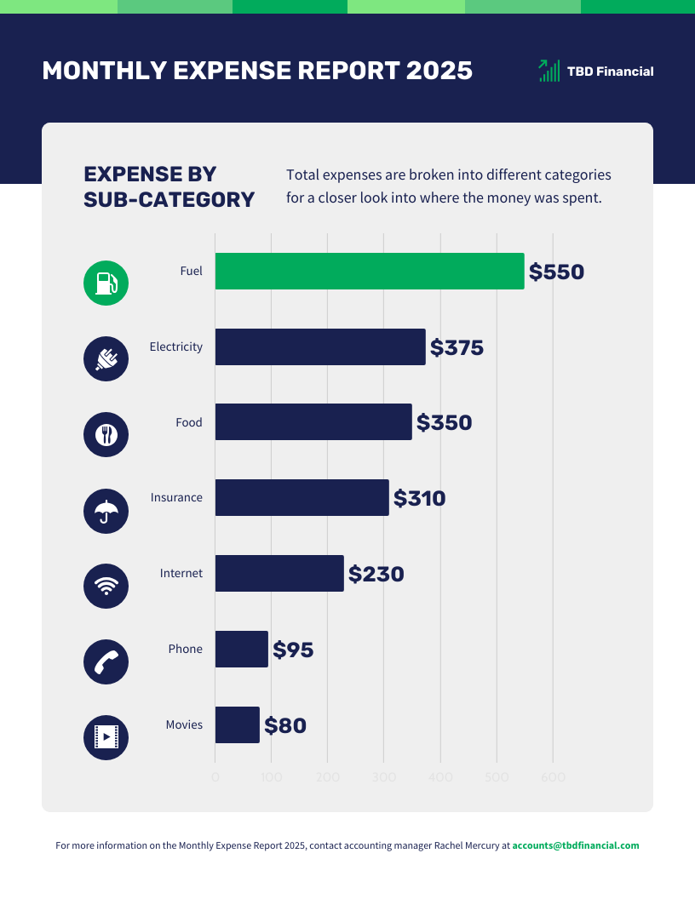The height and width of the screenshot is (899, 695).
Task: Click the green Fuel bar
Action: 369,271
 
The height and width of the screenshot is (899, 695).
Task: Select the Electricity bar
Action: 319,346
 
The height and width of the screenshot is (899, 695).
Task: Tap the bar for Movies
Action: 237,724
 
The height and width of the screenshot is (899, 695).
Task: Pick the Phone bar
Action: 241,649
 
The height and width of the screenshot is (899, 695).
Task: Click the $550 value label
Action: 556,272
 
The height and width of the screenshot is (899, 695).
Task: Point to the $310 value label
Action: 419,498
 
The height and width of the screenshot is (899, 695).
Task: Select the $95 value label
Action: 293,650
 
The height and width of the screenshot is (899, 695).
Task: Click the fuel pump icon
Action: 106,283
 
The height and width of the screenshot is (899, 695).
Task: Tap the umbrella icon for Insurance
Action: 106,511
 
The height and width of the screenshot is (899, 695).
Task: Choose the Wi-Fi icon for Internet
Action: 106,586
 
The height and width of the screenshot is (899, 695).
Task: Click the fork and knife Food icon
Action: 106,434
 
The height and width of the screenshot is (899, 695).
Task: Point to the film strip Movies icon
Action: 106,736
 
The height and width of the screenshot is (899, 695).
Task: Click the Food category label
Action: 189,422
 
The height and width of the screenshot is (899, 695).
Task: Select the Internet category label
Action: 181,573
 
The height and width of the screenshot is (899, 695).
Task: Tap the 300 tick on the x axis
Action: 383,777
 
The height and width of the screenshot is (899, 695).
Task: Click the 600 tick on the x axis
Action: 553,777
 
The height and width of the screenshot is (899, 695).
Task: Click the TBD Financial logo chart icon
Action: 549,71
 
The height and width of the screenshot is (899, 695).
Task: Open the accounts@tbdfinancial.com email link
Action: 575,846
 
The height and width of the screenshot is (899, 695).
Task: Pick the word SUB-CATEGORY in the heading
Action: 169,200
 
